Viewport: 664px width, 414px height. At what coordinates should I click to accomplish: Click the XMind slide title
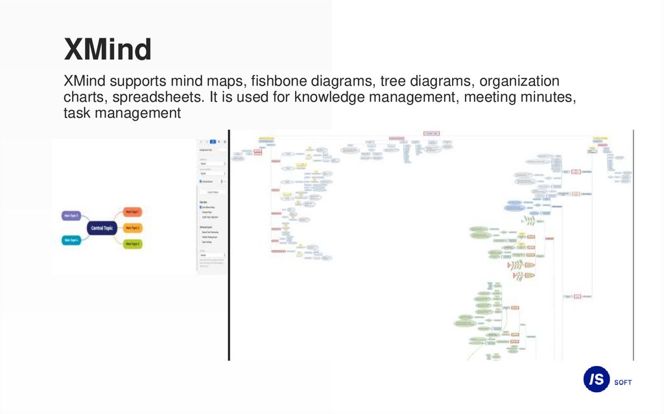click(x=108, y=49)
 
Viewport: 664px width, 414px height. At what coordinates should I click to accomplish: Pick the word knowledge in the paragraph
click(x=327, y=98)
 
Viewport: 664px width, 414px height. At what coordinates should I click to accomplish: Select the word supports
click(x=137, y=82)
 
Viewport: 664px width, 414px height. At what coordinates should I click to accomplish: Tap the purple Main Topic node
click(x=71, y=215)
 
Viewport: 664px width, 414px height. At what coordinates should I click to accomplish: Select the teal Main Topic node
click(x=71, y=240)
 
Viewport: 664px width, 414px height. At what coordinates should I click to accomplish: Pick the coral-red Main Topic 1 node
click(x=132, y=212)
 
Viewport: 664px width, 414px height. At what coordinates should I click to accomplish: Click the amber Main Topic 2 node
click(x=133, y=228)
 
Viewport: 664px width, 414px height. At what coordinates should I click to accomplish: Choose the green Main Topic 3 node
click(x=132, y=244)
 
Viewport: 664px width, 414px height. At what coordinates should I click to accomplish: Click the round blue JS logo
click(x=596, y=380)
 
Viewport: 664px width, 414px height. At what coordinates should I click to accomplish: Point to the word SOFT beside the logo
click(x=622, y=382)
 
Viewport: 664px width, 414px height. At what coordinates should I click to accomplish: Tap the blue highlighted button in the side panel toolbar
click(x=213, y=141)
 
